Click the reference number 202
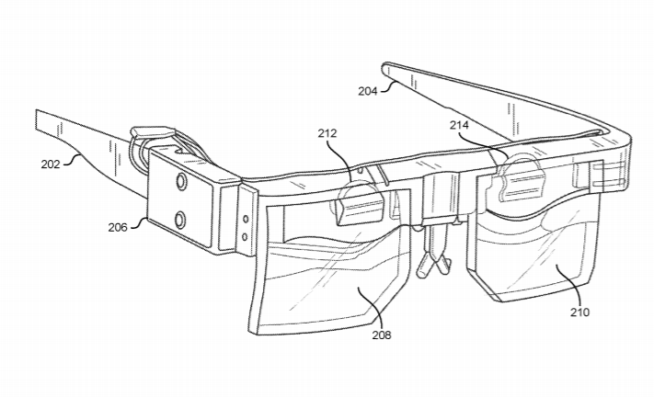[x=50, y=164]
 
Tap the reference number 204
[x=367, y=91]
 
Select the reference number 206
[x=117, y=228]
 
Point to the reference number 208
[x=382, y=335]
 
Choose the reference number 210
[x=579, y=312]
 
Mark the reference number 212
[x=327, y=133]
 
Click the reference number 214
[x=459, y=125]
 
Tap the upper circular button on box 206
[x=182, y=181]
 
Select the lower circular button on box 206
[x=180, y=219]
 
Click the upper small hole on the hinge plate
[x=246, y=219]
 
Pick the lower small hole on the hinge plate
[x=245, y=237]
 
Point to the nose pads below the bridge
[x=434, y=258]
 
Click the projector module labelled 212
[x=360, y=204]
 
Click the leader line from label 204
[x=386, y=86]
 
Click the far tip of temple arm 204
[x=385, y=65]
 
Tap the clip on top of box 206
[x=153, y=132]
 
